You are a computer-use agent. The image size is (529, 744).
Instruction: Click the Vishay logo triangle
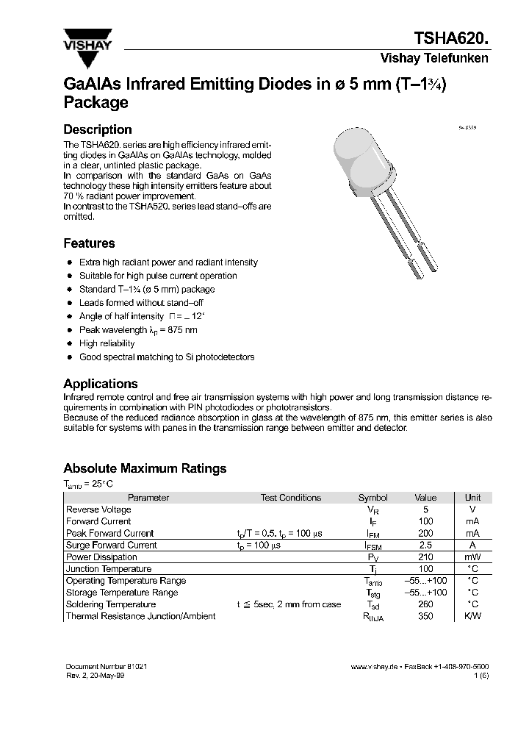pyautogui.click(x=87, y=36)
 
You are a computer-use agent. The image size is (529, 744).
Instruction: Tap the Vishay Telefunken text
pyautogui.click(x=433, y=59)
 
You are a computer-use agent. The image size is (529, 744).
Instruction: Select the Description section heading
pyautogui.click(x=98, y=129)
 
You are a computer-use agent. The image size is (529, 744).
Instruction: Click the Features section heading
pyautogui.click(x=89, y=243)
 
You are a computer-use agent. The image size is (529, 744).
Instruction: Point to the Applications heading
pyautogui.click(x=101, y=384)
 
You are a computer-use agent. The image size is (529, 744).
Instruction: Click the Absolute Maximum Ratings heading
pyautogui.click(x=145, y=468)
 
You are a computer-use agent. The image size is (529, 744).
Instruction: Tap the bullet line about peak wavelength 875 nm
pyautogui.click(x=138, y=330)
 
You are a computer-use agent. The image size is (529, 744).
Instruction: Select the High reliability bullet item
pyautogui.click(x=107, y=343)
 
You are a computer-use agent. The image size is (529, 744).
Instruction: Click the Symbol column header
pyautogui.click(x=373, y=498)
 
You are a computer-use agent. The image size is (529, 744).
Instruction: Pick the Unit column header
pyautogui.click(x=473, y=498)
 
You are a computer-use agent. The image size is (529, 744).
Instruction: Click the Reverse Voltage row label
pyautogui.click(x=98, y=509)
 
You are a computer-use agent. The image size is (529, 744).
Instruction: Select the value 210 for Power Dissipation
pyautogui.click(x=425, y=557)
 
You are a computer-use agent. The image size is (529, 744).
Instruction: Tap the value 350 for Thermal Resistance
pyautogui.click(x=425, y=616)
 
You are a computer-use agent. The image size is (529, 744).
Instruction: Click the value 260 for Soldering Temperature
pyautogui.click(x=425, y=604)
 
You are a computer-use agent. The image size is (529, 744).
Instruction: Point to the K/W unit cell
pyautogui.click(x=473, y=616)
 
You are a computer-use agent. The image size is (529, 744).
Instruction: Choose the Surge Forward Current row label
pyautogui.click(x=111, y=546)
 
